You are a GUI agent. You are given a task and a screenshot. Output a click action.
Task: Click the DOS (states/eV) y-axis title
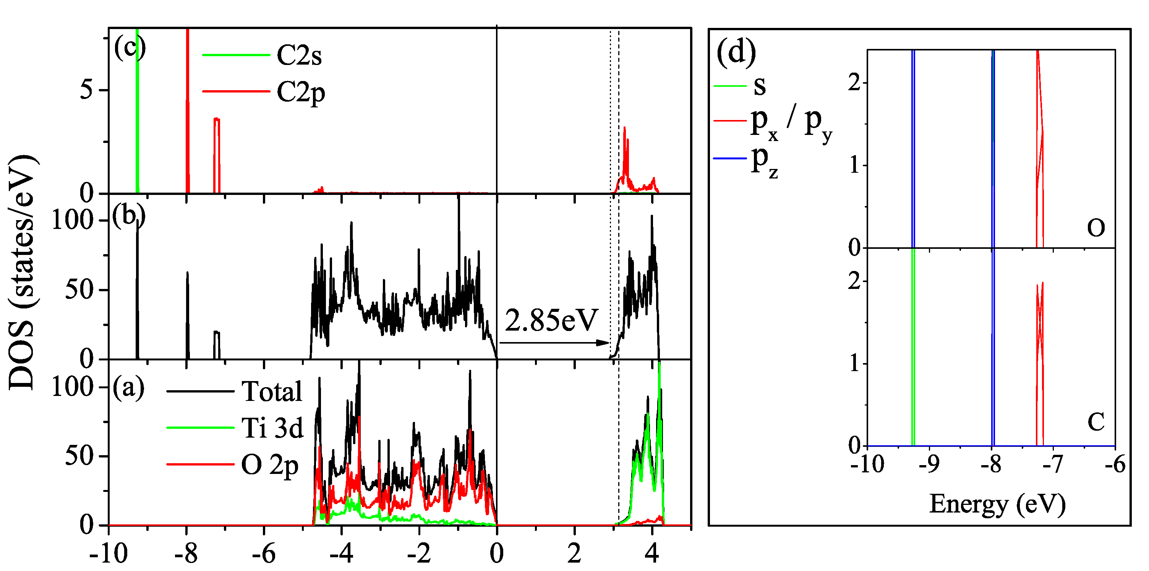coord(22,272)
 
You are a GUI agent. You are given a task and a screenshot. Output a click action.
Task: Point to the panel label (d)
coord(736,53)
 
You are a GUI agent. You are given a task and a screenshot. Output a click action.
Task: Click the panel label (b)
coord(128,216)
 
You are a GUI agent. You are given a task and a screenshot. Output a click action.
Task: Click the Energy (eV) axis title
coord(997,505)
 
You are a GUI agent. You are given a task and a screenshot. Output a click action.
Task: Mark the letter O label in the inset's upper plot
coord(1096,229)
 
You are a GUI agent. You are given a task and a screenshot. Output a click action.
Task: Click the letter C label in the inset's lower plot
coord(1096,422)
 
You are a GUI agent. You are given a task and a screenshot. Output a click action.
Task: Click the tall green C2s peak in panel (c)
coord(137,112)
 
